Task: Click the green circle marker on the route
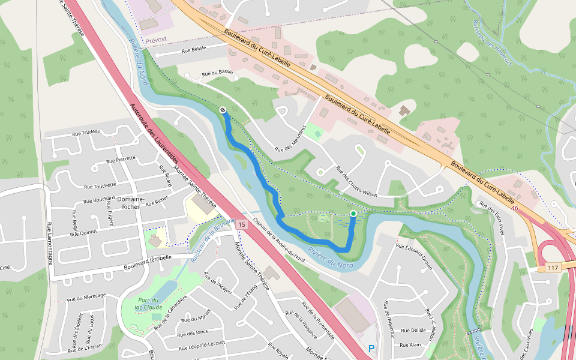point(353,214)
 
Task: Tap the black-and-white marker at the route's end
point(223,110)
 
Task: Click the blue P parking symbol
point(371,348)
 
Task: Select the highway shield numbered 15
point(242,224)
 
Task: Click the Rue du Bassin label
point(217,73)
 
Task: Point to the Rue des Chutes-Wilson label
point(356,181)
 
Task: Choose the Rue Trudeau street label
point(86,132)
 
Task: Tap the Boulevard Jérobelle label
point(148,257)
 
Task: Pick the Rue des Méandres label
point(290,138)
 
